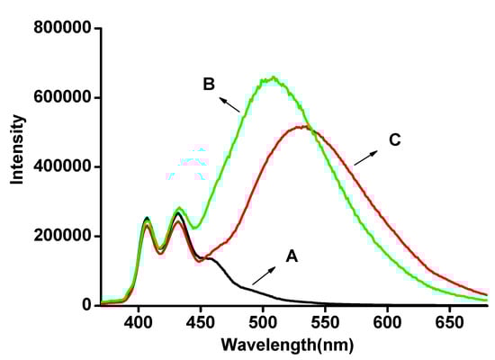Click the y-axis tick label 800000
coord(63,28)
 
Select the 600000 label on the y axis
coord(63,97)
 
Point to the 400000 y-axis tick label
coord(63,166)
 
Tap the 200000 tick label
coord(63,236)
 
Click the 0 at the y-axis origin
coord(86,305)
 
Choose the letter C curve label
coord(395,140)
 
